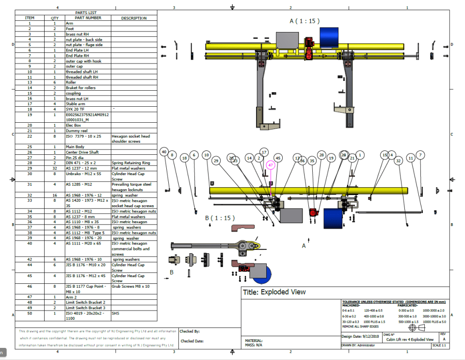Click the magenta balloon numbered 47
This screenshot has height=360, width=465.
(x=271, y=165)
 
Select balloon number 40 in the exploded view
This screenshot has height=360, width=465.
(x=164, y=152)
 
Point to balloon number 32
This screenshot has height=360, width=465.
(x=399, y=160)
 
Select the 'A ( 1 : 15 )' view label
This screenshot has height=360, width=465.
(x=305, y=21)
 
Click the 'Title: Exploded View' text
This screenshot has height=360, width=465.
(x=274, y=292)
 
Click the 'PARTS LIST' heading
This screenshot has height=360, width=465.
(x=86, y=13)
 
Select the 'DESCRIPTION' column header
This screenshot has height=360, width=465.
(x=134, y=18)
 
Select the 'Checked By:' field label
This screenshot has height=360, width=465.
(x=190, y=331)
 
